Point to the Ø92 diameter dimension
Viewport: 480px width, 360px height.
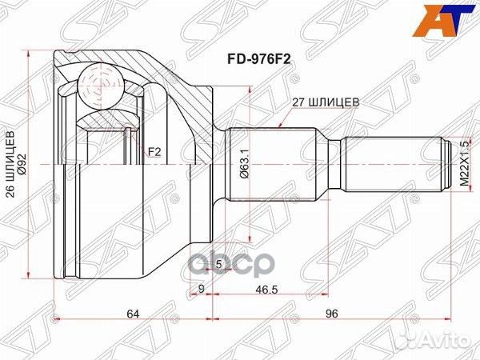tap(24, 165)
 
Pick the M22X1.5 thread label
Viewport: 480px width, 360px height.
tap(464, 165)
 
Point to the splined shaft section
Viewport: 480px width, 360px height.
tap(276, 165)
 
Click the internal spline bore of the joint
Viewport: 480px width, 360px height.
tap(104, 165)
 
